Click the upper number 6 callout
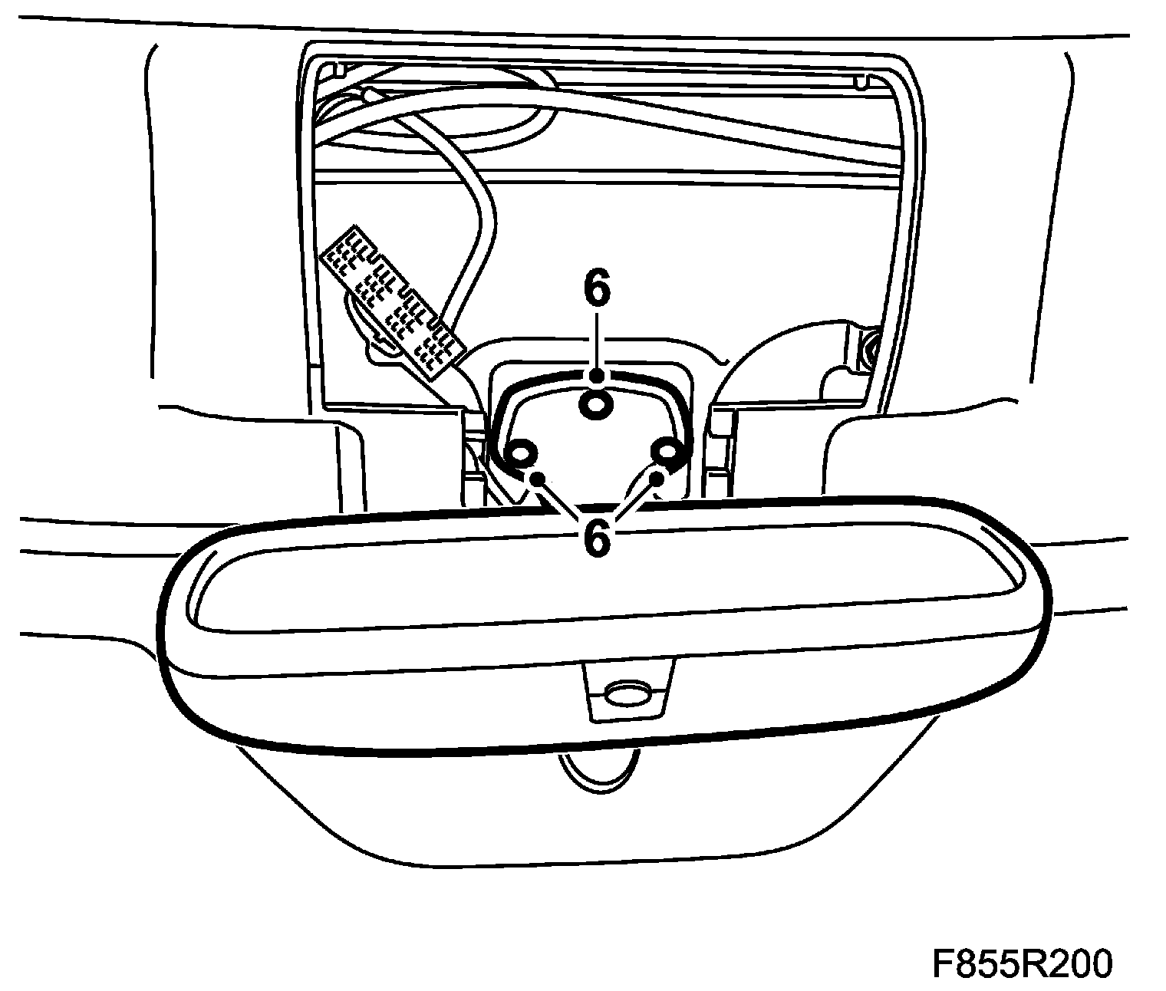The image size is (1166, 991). click(596, 290)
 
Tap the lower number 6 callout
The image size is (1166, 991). click(596, 538)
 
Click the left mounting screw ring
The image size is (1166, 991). click(520, 454)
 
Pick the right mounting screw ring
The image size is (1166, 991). click(666, 453)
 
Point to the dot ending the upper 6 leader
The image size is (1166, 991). click(596, 375)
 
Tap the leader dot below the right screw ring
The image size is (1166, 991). click(657, 479)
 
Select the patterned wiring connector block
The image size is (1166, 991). click(392, 301)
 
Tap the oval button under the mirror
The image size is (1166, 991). click(627, 695)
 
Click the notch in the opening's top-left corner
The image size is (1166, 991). click(335, 71)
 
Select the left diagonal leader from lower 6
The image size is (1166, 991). click(564, 502)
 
